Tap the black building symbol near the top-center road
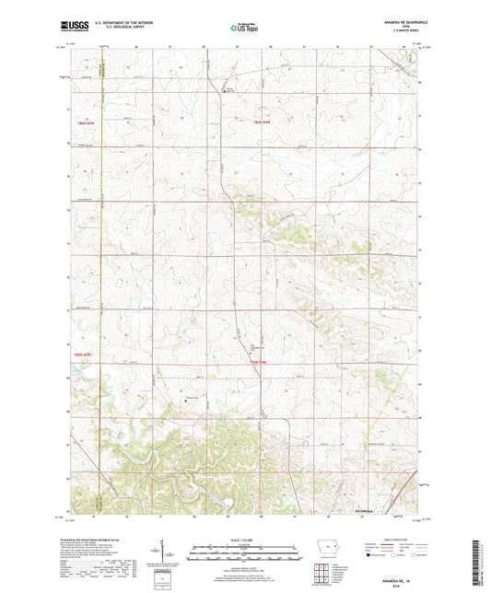[x=222, y=90]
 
